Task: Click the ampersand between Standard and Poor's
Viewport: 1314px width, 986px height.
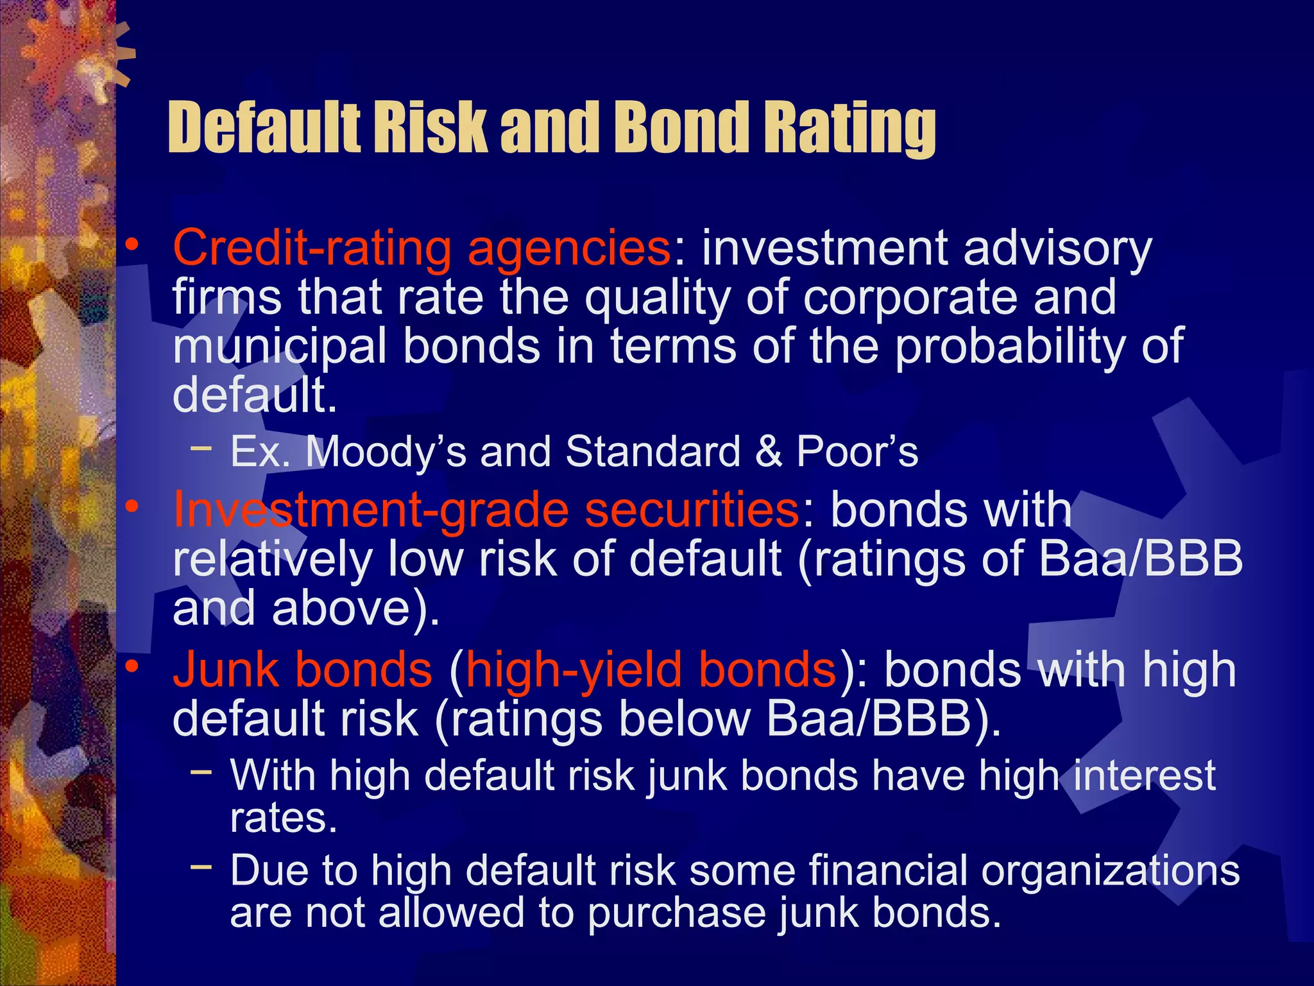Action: [x=768, y=451]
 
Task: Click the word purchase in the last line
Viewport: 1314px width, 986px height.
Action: [x=676, y=914]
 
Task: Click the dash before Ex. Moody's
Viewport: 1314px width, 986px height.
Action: [x=201, y=447]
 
